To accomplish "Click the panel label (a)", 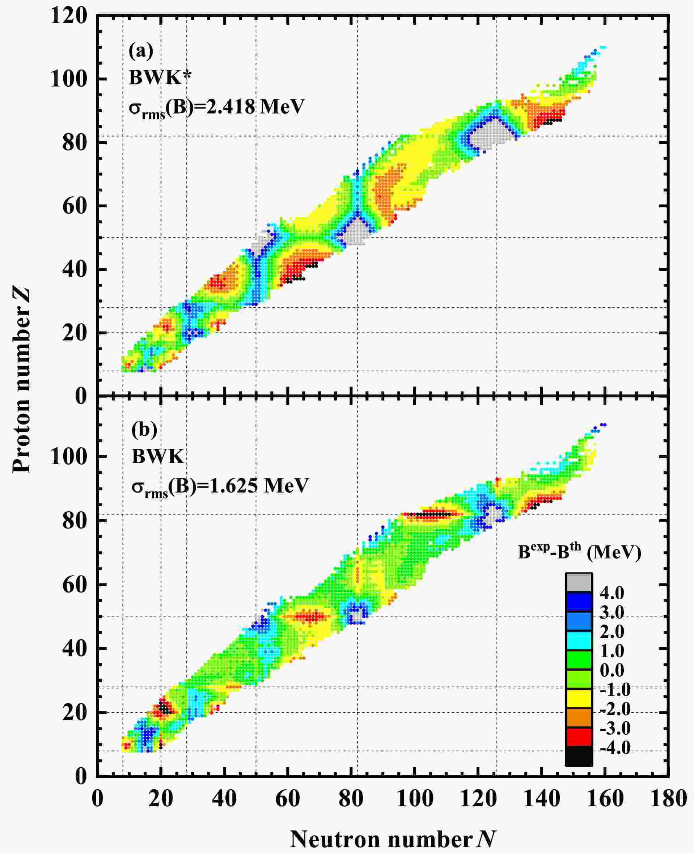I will (141, 51).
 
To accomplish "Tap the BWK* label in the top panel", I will (160, 77).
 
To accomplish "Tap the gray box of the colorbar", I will (579, 582).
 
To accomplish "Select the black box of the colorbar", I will (579, 755).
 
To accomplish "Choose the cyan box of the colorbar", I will (579, 640).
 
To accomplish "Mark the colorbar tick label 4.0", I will (612, 593).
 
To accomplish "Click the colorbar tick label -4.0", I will (615, 747).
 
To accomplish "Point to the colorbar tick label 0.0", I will (612, 670).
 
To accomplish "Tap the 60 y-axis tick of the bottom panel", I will (75, 585).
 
